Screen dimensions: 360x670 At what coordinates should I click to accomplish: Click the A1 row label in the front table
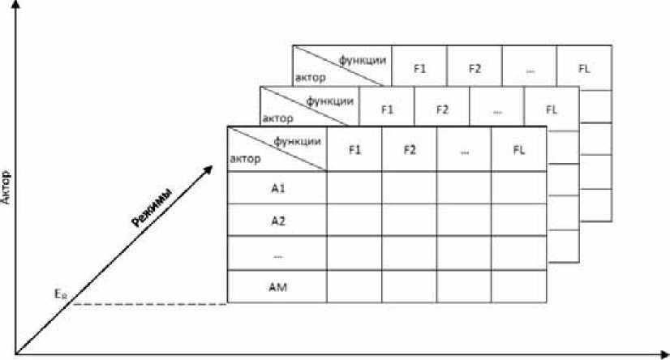[277, 188]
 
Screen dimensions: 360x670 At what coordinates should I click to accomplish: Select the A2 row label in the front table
[277, 221]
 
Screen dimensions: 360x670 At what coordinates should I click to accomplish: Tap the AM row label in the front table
[277, 285]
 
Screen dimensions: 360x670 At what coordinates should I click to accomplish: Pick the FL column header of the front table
[518, 149]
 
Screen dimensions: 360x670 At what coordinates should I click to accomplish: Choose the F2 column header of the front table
[409, 149]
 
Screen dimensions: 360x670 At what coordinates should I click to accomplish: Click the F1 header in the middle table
[387, 109]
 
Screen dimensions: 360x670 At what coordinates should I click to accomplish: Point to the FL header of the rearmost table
[584, 69]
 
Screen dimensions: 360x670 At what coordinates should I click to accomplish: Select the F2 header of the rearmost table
[475, 69]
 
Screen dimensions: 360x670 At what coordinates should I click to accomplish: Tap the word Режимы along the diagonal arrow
[152, 209]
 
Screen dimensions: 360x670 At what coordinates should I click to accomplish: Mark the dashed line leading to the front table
[149, 304]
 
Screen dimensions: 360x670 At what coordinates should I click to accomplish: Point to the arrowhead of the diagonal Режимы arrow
[209, 167]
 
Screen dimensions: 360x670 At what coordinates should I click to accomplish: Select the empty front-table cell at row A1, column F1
[354, 188]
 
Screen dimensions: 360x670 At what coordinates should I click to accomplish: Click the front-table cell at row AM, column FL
[518, 285]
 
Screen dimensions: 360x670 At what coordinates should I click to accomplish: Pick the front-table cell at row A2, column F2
[409, 221]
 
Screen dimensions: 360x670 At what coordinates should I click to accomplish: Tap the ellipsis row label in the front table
[277, 254]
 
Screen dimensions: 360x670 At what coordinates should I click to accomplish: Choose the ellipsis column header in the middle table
[496, 109]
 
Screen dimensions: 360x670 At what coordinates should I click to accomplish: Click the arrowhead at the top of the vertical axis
[15, 6]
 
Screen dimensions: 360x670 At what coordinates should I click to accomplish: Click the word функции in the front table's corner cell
[297, 139]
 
